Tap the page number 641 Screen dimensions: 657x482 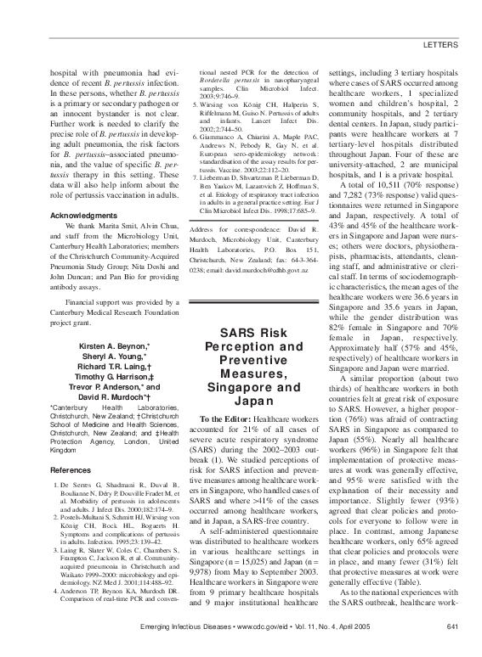click(452, 627)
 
